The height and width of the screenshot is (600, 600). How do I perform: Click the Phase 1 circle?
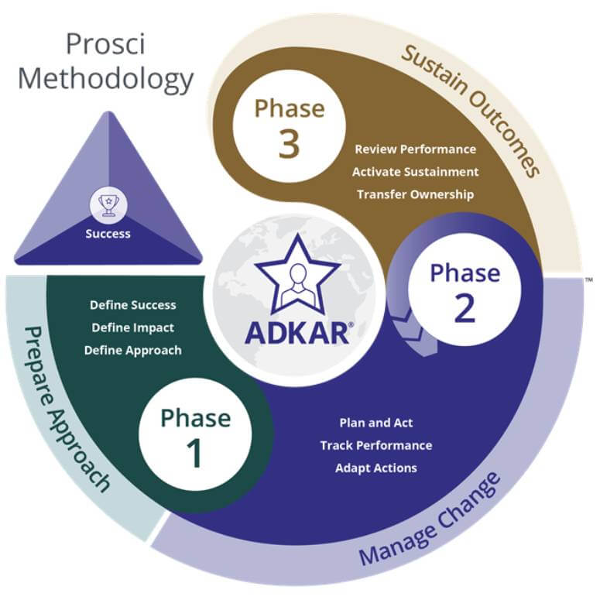tap(195, 435)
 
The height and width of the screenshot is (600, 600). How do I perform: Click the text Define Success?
tap(133, 305)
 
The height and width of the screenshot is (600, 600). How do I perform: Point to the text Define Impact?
tap(132, 327)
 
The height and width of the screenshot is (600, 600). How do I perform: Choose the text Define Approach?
tap(133, 350)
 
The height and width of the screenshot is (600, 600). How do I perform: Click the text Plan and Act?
tap(376, 423)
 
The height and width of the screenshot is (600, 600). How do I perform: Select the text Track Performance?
tap(376, 445)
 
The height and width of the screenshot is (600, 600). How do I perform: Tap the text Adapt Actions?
tap(376, 468)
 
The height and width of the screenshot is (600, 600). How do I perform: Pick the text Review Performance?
tap(415, 149)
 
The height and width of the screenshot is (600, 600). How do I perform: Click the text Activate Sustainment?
tap(415, 172)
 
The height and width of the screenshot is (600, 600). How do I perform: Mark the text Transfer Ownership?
tap(415, 194)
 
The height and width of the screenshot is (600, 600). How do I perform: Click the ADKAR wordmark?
tap(299, 331)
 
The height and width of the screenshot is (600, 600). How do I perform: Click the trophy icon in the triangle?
tap(108, 205)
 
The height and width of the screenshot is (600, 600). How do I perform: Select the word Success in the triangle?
tap(108, 233)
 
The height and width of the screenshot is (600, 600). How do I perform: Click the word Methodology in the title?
tap(105, 78)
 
